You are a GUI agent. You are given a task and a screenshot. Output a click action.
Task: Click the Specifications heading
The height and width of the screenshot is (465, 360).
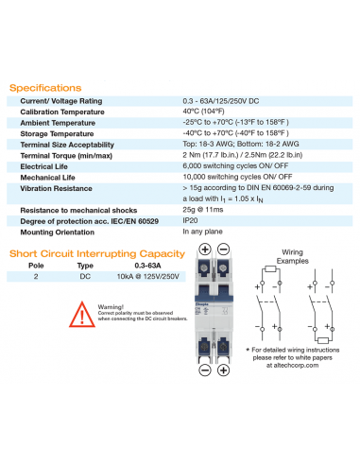(x=45, y=88)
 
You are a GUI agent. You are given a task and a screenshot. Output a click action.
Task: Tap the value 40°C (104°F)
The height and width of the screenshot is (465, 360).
(x=209, y=112)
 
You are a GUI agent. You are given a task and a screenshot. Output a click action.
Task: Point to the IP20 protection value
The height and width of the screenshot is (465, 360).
(x=191, y=219)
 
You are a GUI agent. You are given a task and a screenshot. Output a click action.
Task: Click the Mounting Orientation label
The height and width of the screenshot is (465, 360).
(x=58, y=231)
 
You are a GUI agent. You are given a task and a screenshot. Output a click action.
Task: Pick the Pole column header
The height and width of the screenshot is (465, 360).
(x=35, y=267)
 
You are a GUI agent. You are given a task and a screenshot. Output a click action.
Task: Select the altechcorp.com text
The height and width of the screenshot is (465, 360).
(x=294, y=364)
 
